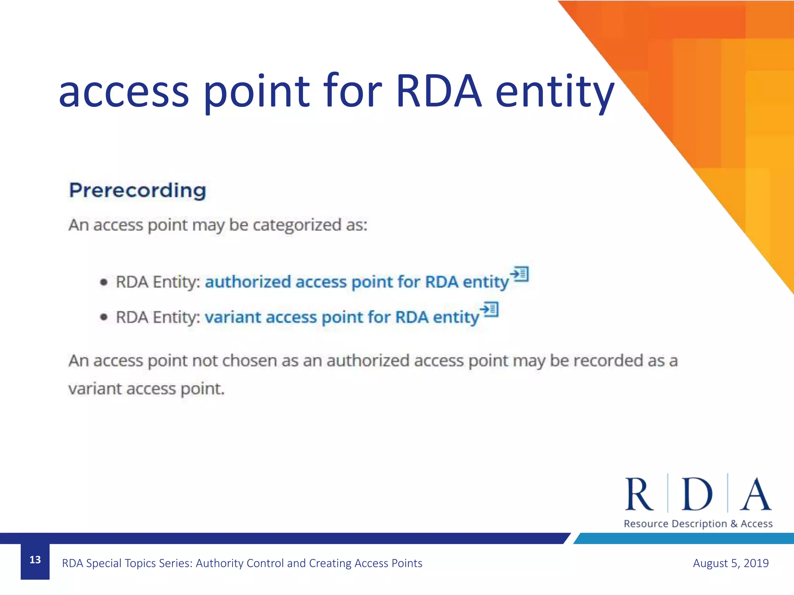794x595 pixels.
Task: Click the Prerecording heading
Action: [137, 191]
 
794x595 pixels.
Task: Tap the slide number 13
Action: [35, 560]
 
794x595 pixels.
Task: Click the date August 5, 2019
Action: [730, 563]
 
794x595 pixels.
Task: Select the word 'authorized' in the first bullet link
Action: [248, 282]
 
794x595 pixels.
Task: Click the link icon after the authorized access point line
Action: [520, 274]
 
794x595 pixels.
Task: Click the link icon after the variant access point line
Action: [489, 309]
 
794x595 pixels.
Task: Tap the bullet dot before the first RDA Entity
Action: [104, 282]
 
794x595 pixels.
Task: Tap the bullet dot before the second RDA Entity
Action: [104, 317]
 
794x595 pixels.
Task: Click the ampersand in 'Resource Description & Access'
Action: [734, 524]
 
